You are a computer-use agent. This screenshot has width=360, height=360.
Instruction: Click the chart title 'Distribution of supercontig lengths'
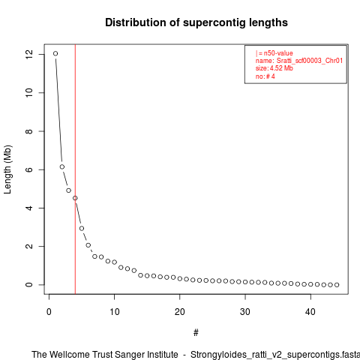[x=196, y=22]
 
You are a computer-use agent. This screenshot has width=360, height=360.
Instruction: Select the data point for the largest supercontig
[x=55, y=53]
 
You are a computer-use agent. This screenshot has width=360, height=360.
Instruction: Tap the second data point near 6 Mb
[x=62, y=166]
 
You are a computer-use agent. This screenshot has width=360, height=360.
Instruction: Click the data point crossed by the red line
[x=75, y=198]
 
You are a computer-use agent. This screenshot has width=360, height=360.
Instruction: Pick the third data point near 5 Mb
[x=68, y=190]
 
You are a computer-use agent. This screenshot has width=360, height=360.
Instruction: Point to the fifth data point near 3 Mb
[x=82, y=228]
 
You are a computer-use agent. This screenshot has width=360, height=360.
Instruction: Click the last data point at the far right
[x=337, y=285]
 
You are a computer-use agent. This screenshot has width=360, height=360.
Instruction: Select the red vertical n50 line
[x=75, y=169]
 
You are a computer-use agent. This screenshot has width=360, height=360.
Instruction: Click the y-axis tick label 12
[x=29, y=54]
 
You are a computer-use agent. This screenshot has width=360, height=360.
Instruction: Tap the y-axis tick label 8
[x=29, y=131]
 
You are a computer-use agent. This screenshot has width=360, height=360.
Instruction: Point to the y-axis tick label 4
[x=29, y=208]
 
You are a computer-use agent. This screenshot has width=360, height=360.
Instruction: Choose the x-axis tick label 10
[x=115, y=312]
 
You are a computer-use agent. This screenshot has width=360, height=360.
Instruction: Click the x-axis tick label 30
[x=245, y=312]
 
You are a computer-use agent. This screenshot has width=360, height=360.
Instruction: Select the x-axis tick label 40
[x=310, y=312]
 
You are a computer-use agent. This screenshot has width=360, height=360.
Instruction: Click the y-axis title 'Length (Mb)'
[x=7, y=169]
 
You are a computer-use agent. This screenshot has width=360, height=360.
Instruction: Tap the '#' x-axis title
[x=196, y=333]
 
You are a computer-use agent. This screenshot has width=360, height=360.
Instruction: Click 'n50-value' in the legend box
[x=278, y=53]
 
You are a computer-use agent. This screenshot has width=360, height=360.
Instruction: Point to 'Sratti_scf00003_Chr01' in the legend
[x=310, y=61]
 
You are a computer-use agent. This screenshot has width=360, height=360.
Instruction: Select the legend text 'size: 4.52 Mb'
[x=274, y=68]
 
